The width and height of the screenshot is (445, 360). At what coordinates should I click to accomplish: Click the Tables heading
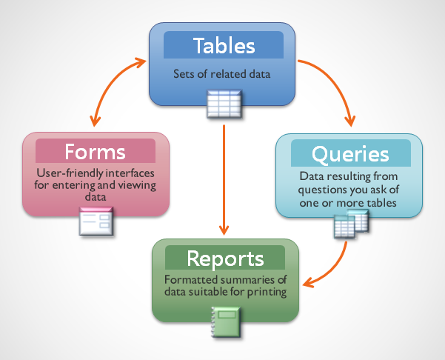223,45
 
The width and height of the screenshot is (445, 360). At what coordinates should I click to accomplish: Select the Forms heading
95,152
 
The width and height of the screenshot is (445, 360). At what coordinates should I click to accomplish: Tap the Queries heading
340,153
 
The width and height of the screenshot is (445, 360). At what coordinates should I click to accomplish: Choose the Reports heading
225,259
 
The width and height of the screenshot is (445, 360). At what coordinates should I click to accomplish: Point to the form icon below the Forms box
96,221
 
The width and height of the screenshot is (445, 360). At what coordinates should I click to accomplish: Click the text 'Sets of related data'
223,74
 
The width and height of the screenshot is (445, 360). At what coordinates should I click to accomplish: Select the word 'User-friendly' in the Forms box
64,173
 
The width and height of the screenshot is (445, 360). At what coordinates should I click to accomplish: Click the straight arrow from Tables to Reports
223,178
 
